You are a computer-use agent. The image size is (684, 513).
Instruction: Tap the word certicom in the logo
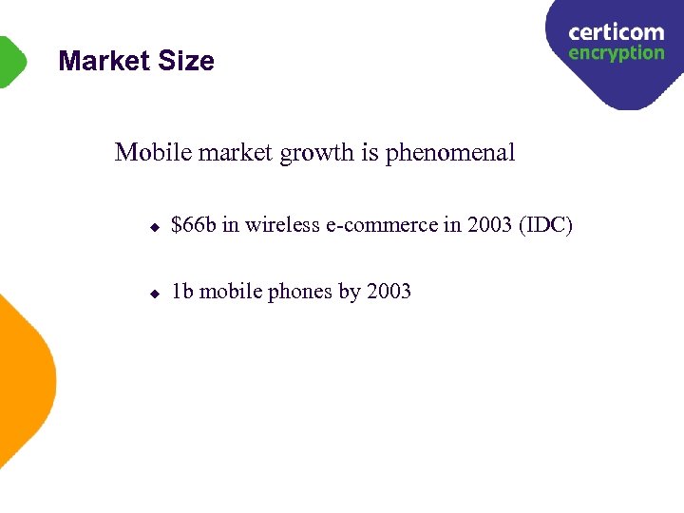point(616,33)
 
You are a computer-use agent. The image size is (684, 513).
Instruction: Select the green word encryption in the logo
point(616,53)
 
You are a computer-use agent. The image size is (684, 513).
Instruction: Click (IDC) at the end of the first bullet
point(545,226)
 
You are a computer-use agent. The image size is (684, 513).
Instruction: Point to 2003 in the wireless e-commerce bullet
point(489,226)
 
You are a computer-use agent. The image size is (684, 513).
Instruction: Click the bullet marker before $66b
point(154,229)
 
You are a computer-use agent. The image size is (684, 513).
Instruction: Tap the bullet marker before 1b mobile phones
point(154,294)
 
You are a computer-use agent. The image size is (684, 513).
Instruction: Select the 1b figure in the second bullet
point(182,292)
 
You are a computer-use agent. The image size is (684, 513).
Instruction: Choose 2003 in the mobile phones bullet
point(389,292)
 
